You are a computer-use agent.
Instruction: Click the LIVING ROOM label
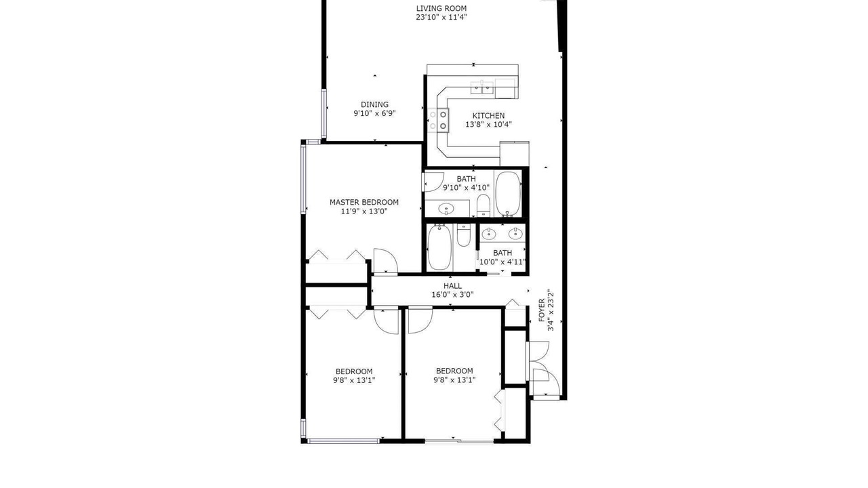coord(441,8)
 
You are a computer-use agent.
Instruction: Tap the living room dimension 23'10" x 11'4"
coord(441,17)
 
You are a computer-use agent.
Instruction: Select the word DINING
coord(374,104)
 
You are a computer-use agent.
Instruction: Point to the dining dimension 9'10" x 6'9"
coord(374,113)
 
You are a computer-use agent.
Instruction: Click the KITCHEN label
coord(488,115)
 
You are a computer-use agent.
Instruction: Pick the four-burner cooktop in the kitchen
coord(438,120)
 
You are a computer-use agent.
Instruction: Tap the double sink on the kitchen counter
coord(482,88)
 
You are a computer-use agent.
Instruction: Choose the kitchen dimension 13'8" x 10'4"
coord(488,124)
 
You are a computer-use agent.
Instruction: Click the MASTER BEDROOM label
coord(364,202)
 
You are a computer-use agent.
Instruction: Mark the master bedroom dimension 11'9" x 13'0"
coord(364,211)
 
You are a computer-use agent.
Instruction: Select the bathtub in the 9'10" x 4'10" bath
coord(508,194)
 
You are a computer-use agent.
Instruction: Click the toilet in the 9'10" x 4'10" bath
coord(484,205)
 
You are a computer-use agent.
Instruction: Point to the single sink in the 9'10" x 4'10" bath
coord(446,209)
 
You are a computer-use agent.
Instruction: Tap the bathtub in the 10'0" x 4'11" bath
coord(439,247)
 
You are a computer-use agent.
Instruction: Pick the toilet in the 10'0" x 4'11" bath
coord(463,235)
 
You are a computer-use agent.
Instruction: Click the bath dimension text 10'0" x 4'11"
coord(502,262)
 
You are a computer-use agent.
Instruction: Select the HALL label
coord(452,286)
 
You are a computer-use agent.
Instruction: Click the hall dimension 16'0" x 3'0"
coord(452,295)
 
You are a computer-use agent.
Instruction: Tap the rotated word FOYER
coord(542,310)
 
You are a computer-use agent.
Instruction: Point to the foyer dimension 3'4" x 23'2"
coord(551,310)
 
